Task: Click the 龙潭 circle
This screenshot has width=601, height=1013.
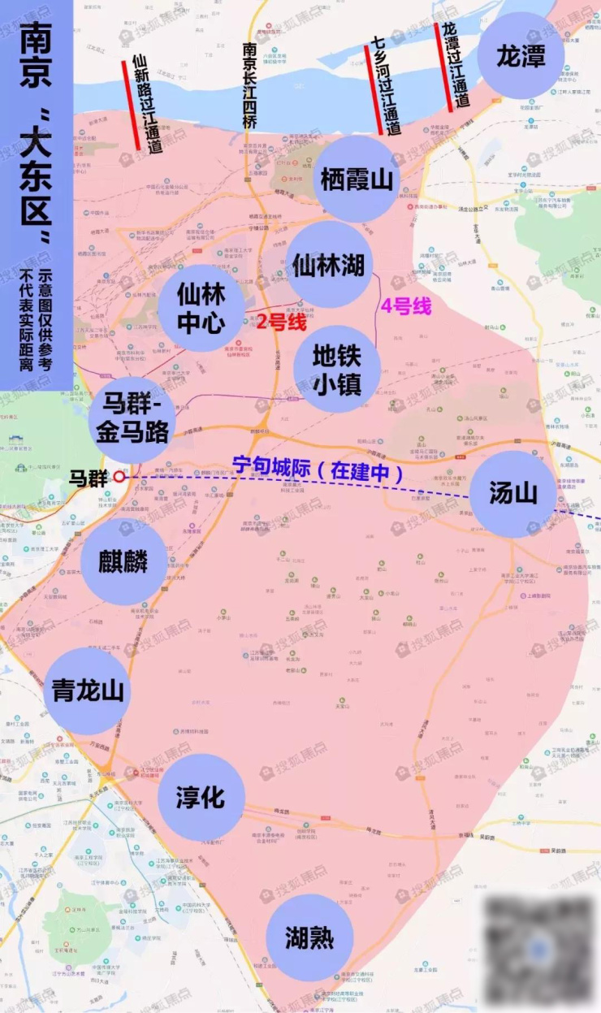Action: click(520, 56)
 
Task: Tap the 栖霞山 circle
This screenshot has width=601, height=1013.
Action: click(357, 179)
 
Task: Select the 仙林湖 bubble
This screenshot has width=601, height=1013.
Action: click(329, 264)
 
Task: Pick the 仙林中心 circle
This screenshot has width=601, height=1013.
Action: click(201, 308)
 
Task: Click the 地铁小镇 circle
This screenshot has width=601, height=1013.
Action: click(337, 369)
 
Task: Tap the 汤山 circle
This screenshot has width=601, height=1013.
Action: click(513, 493)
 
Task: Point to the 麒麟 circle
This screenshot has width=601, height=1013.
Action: click(125, 562)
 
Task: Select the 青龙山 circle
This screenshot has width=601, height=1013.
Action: click(88, 690)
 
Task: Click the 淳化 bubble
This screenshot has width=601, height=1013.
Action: click(201, 797)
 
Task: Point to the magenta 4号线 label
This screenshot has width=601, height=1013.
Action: click(405, 308)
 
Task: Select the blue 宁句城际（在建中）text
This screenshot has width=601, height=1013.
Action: click(318, 470)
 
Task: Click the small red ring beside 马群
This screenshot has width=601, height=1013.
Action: click(119, 477)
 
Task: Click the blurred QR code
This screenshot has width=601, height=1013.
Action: click(538, 950)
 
